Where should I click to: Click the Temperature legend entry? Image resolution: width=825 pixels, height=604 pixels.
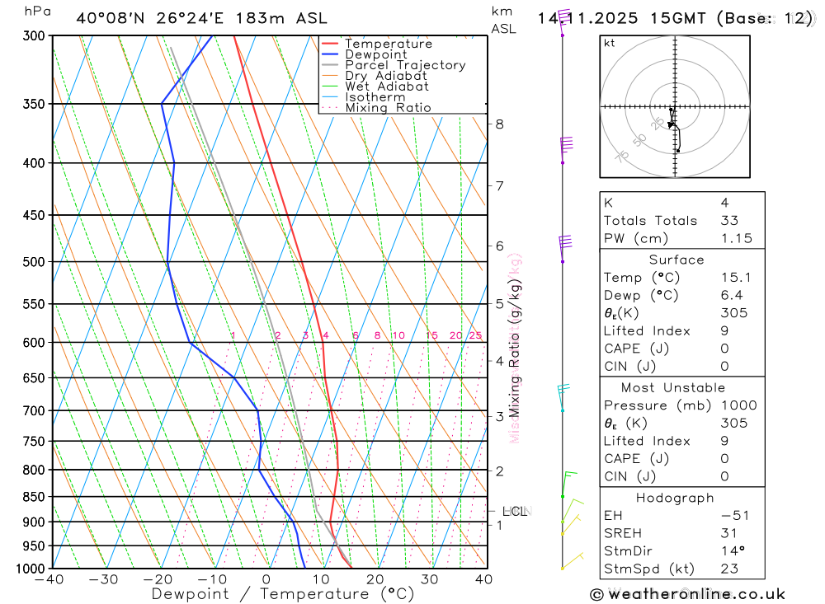[x=388, y=44]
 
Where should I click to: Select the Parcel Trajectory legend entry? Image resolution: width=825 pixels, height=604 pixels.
[x=405, y=65]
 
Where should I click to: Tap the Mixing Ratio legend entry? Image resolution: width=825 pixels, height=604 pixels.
[x=388, y=108]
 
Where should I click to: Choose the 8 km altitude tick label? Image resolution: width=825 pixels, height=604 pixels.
[x=499, y=124]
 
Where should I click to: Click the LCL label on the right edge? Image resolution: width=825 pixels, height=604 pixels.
[x=514, y=512]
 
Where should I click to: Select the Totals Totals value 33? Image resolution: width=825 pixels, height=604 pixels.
[x=729, y=221]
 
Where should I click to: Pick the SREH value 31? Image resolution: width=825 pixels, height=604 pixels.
[x=728, y=533]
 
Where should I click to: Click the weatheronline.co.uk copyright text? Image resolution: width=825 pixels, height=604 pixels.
[x=687, y=594]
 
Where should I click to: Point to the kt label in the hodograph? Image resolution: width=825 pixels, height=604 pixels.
[x=610, y=43]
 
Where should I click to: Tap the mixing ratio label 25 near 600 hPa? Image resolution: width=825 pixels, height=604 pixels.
[x=475, y=335]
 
